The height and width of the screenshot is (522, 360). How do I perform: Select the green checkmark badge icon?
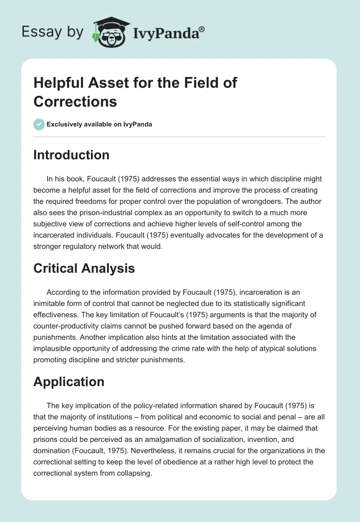(x=39, y=124)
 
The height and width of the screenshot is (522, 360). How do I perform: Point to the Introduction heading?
(x=72, y=155)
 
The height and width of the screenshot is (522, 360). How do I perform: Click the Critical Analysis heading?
(x=84, y=268)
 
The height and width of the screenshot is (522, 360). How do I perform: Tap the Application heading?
(x=69, y=382)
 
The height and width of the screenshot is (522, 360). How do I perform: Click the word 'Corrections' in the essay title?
(x=75, y=101)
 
